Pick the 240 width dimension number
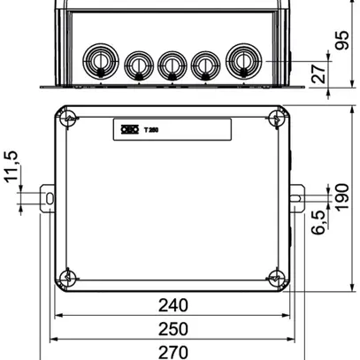(173, 306)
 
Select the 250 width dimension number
(173, 328)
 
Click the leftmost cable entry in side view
(96, 61)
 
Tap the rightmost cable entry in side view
(242, 61)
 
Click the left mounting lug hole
(49, 195)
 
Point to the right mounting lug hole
(297, 195)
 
